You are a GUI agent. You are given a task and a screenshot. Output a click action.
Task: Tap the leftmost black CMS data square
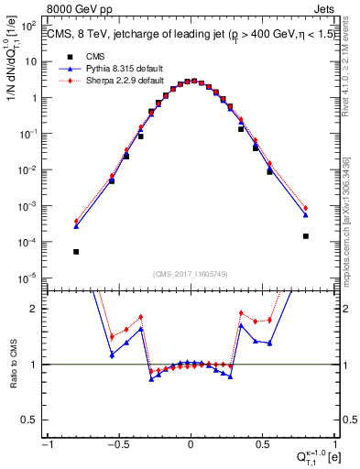point(76,251)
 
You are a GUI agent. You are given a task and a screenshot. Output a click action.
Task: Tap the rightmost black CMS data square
point(306,235)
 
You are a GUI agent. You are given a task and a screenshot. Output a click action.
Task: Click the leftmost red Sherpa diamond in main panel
point(76,222)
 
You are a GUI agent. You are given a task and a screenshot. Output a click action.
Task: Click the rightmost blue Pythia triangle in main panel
point(306,215)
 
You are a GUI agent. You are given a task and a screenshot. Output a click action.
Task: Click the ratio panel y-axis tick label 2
point(38,309)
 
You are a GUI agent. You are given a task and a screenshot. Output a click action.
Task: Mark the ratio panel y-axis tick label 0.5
point(35,420)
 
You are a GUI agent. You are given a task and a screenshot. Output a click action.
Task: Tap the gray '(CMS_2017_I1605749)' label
point(190,275)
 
